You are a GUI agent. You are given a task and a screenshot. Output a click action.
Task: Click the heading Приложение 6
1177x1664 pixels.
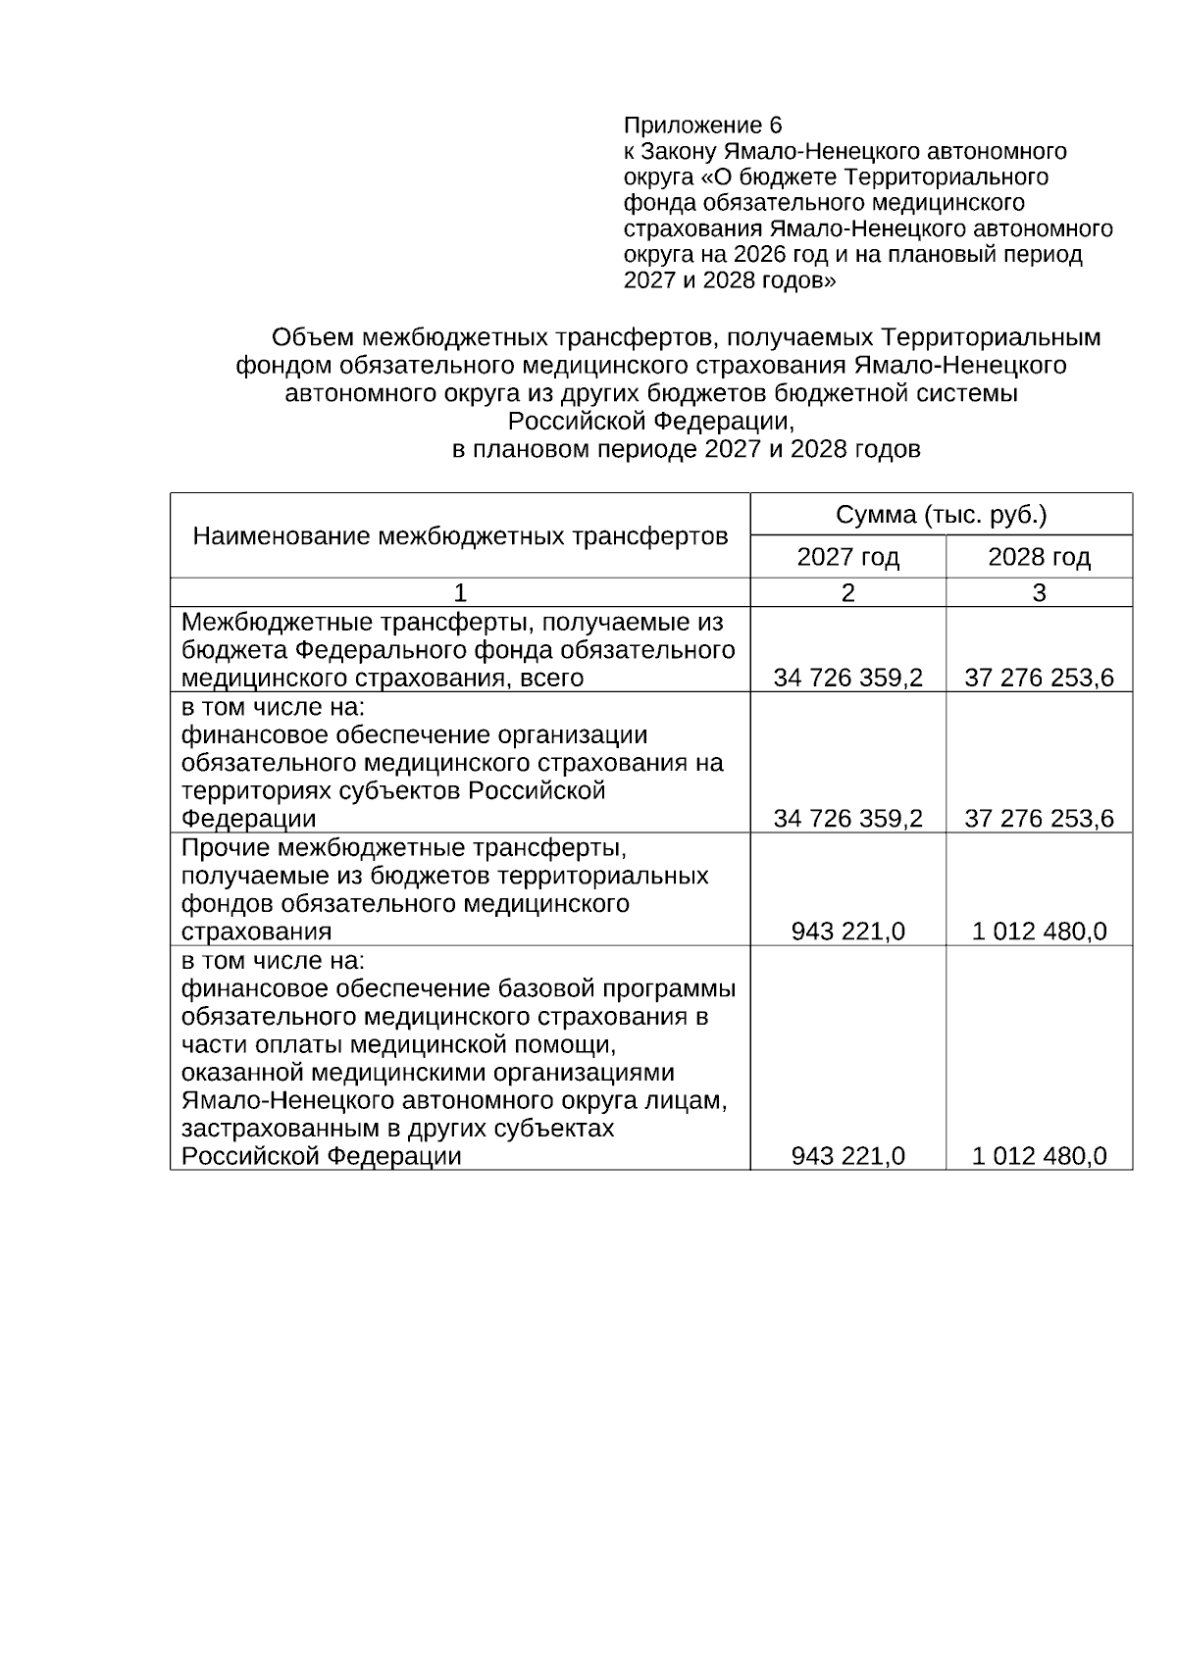click(702, 126)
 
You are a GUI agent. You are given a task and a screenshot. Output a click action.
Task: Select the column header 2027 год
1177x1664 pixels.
click(847, 558)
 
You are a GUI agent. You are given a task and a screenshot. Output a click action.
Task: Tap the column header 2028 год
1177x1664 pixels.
click(1039, 558)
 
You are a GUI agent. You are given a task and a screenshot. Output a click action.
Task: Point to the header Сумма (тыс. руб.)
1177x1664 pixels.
click(941, 515)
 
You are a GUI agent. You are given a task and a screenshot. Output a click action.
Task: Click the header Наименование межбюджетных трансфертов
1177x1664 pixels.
click(460, 536)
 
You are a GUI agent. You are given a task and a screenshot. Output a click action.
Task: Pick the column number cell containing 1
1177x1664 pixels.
click(460, 592)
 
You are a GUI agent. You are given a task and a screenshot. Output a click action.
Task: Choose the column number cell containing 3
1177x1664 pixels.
click(1039, 592)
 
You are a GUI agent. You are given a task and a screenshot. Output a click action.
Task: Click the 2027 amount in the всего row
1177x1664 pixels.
click(847, 678)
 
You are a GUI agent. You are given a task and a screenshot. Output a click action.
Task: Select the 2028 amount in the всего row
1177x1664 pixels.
click(1039, 678)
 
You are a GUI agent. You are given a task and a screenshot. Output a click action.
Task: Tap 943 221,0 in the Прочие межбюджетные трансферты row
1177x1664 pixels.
click(847, 932)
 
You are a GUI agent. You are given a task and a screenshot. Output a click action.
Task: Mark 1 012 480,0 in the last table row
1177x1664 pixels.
click(1039, 1156)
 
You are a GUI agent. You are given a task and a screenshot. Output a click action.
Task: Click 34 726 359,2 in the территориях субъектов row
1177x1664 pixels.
click(847, 819)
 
